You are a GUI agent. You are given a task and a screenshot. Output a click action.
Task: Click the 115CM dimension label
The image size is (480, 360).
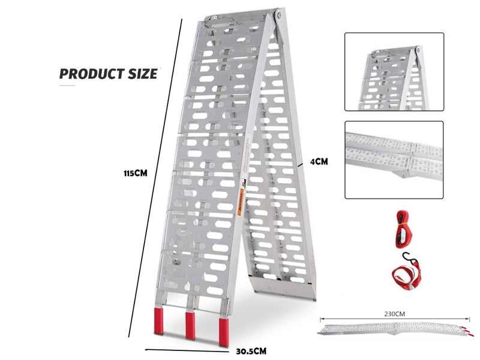tap(136, 173)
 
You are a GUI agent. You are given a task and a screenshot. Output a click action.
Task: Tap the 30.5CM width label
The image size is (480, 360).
tap(251, 351)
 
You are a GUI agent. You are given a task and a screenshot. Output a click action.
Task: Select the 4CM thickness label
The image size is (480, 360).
tap(319, 161)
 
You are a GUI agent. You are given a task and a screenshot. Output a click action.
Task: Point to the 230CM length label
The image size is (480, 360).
tap(394, 314)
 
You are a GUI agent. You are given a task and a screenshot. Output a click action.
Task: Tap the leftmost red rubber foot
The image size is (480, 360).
tap(158, 321)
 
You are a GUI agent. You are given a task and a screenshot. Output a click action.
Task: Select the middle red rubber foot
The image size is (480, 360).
tap(190, 325)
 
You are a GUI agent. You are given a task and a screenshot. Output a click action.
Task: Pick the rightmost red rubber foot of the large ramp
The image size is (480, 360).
tap(223, 332)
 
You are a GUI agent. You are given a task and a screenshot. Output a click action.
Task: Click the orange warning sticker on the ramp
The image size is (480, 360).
tap(241, 202)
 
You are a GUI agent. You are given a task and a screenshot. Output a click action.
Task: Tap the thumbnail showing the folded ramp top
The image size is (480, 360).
tap(394, 71)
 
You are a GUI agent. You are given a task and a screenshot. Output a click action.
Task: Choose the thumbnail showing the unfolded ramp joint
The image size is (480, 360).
tap(394, 160)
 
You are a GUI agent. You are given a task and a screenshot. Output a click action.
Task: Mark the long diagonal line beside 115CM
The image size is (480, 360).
tap(155, 178)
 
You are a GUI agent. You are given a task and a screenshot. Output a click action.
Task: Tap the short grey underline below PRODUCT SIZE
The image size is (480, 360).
tap(67, 86)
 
